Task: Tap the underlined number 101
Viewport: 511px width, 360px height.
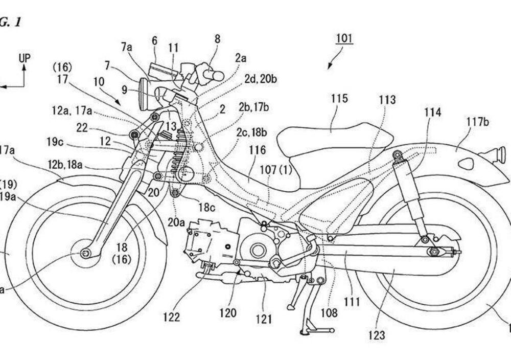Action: (344, 38)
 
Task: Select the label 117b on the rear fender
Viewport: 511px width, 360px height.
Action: (477, 122)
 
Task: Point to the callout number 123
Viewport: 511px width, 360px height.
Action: (378, 335)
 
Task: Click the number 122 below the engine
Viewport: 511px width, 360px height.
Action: (171, 317)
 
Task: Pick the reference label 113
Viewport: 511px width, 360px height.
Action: (387, 100)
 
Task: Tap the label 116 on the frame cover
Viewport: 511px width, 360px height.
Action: (258, 150)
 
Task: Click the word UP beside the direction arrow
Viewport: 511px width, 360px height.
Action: (25, 58)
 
